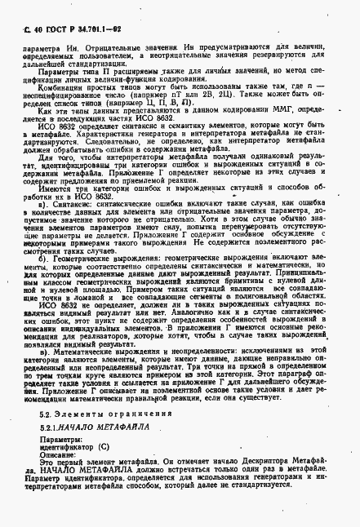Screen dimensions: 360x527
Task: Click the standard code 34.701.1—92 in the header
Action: [x=103, y=29]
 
